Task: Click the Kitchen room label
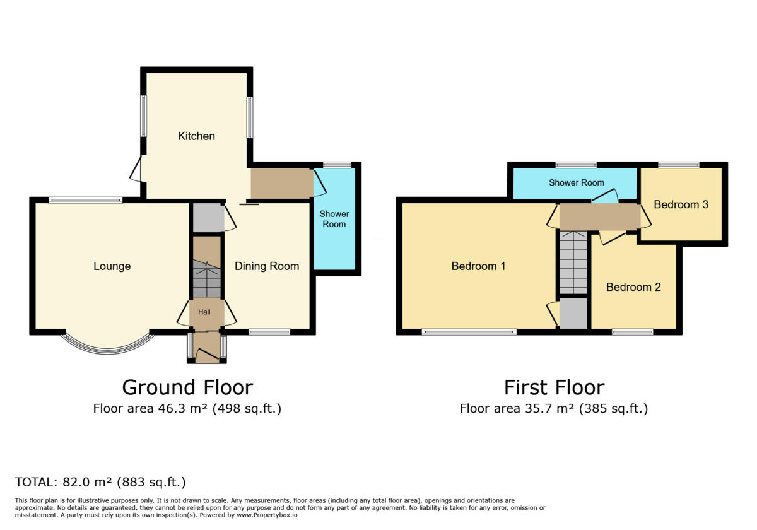point(196,136)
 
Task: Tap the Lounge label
point(112,266)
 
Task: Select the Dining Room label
point(267,266)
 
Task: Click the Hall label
point(204,312)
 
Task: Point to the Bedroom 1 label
point(478,266)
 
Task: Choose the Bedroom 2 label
point(633,287)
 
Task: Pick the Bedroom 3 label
point(681,204)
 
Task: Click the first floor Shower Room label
point(576,183)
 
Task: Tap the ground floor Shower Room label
point(334,219)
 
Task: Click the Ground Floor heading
point(187,387)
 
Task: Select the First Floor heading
point(554,387)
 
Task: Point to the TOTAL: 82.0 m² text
point(100,483)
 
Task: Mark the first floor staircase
point(573,263)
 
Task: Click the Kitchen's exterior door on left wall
point(136,169)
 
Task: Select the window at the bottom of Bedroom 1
point(469,332)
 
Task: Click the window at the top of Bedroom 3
point(679,165)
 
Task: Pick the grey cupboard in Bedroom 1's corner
point(573,314)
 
